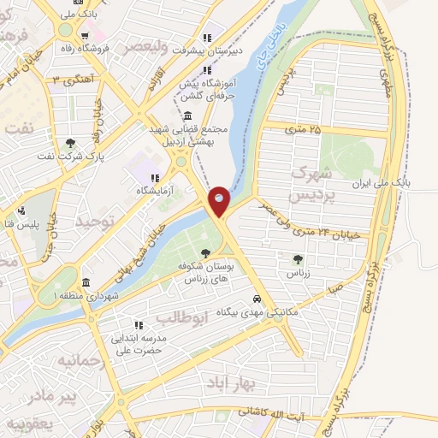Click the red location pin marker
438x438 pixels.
click(220, 201)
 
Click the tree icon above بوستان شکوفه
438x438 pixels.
click(205, 252)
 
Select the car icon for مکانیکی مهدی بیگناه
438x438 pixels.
click(257, 299)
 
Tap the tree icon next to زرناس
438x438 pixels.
click(297, 258)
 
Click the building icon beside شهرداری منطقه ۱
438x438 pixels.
click(86, 282)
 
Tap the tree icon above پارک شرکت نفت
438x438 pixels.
click(70, 143)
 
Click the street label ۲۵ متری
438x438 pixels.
click(303, 129)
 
